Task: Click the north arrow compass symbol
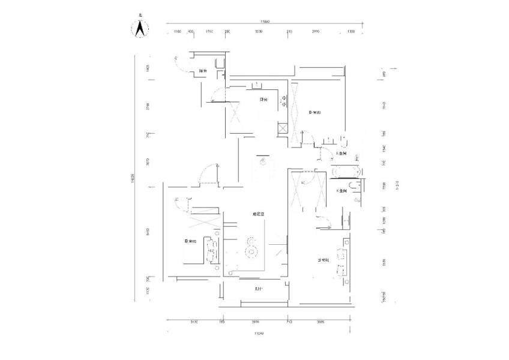click(140, 28)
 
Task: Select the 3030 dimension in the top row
click(258, 31)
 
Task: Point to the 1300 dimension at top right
click(351, 31)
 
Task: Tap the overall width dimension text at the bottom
click(258, 333)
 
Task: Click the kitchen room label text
click(263, 100)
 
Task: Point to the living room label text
click(259, 214)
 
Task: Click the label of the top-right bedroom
click(315, 112)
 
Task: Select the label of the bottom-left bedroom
click(190, 242)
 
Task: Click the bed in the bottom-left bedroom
click(211, 250)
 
